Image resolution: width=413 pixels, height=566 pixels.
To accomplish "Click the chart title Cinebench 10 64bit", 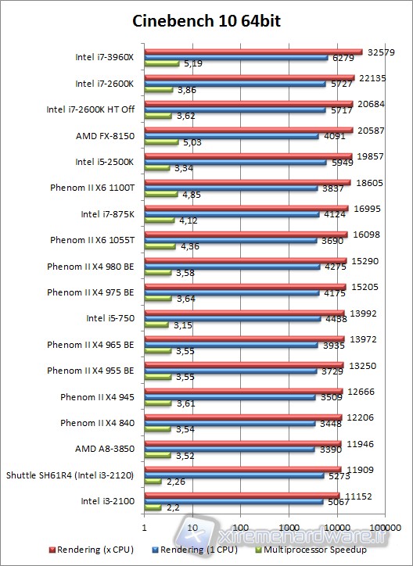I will pos(206,21).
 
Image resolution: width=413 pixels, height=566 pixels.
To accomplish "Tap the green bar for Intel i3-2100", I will pos(153,507).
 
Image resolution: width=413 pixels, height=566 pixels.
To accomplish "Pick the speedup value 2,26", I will pos(176,482).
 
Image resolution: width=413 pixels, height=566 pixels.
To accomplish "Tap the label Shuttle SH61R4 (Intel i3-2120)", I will pos(70,475).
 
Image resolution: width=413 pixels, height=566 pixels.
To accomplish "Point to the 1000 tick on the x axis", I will pos(289,525).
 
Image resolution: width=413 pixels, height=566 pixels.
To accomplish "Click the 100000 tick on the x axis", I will pos(385,525).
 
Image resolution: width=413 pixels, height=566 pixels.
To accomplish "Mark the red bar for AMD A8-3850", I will pos(242,442).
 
